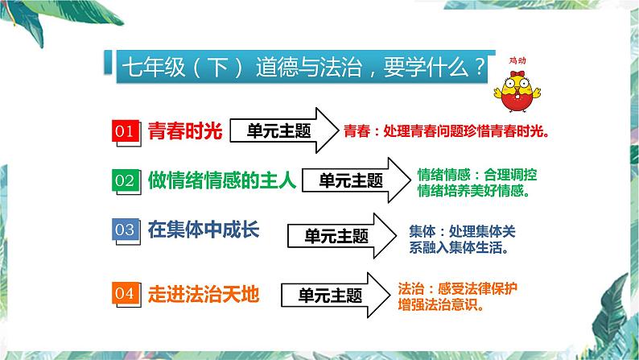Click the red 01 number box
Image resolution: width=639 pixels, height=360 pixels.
tap(126, 131)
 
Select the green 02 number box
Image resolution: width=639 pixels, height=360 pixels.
tap(126, 180)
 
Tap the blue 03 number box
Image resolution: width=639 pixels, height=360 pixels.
tap(126, 230)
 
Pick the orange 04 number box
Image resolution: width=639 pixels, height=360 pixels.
tap(126, 294)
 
